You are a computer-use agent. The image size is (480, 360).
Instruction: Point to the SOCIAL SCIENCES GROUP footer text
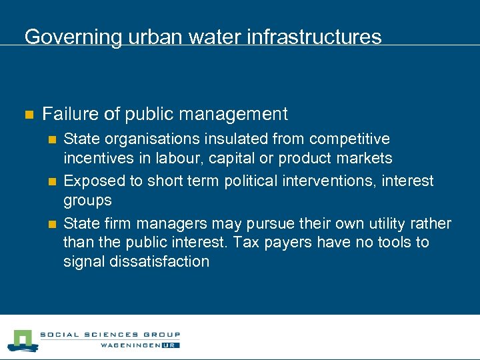coord(110,335)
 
